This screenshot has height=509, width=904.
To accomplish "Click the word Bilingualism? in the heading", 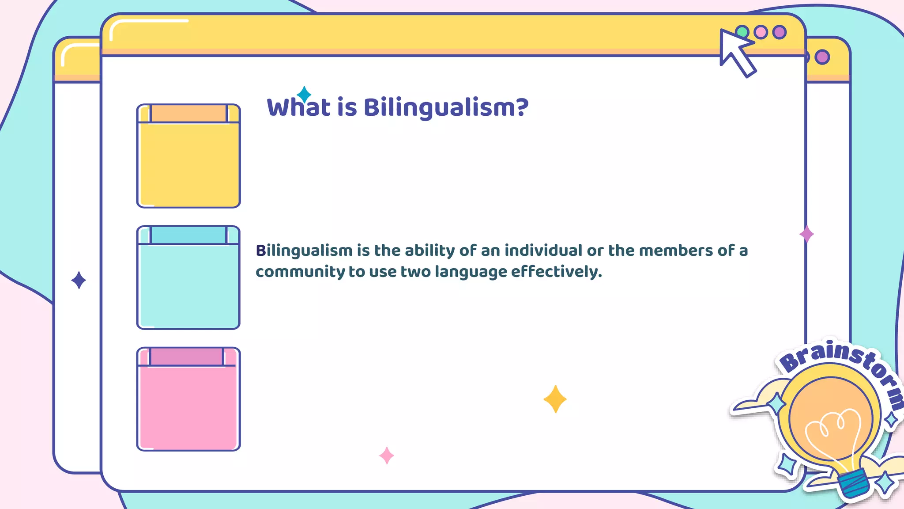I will click(446, 107).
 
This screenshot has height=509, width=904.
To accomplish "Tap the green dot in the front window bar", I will click(742, 32).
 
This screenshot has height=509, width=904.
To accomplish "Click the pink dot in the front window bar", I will click(761, 32).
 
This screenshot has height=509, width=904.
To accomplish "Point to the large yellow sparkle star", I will click(555, 399).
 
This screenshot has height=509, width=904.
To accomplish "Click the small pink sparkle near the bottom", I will click(387, 455).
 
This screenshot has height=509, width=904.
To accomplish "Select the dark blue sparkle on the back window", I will click(79, 280).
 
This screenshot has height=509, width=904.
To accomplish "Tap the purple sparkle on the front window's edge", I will click(806, 234).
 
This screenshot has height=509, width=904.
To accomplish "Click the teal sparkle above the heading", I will click(304, 95).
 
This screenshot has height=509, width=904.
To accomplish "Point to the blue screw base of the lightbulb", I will click(854, 482).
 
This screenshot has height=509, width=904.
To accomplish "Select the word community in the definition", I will click(300, 272).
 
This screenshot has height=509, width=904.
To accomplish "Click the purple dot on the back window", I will click(822, 57).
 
